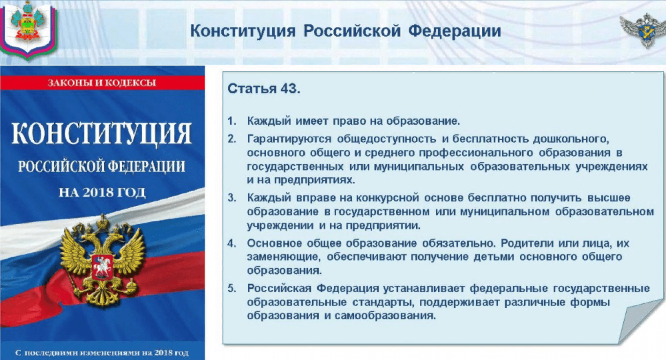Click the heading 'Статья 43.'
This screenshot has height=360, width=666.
pos(264,89)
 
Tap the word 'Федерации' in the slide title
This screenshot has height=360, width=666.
pos(455,31)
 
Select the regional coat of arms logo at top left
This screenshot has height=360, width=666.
pos(28,29)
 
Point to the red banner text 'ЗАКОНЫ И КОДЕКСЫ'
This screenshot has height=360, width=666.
pos(102,82)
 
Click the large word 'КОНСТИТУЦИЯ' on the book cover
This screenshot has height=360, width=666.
pos(102,134)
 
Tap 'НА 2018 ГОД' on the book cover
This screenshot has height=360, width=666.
pos(102,192)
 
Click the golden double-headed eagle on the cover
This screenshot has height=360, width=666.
pos(102,260)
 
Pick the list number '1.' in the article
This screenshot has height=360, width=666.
pos(232,121)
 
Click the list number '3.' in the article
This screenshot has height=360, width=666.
pos(232,198)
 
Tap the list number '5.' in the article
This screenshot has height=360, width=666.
pos(232,288)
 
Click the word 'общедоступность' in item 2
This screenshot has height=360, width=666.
pos(387,139)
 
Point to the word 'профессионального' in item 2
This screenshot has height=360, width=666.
pos(476,153)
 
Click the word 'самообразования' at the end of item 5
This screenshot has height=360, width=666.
pos(385,316)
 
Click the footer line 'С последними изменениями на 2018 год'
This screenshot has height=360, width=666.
pos(102,353)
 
